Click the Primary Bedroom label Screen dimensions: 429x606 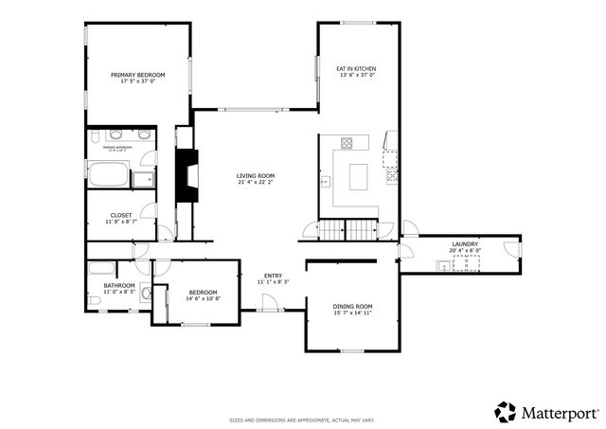pyautogui.click(x=137, y=75)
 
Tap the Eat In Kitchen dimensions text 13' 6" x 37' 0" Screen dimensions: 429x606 pyautogui.click(x=357, y=76)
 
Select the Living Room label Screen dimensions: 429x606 pyautogui.click(x=255, y=175)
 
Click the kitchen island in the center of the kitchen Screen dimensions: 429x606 pyautogui.click(x=359, y=177)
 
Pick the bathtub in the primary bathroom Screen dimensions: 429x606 pyautogui.click(x=108, y=175)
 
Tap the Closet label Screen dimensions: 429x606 pyautogui.click(x=121, y=215)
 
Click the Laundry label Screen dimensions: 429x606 pyautogui.click(x=464, y=244)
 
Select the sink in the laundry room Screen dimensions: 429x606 pyautogui.click(x=442, y=266)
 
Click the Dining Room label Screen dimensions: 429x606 pyautogui.click(x=352, y=306)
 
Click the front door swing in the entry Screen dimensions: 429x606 pyautogui.click(x=270, y=302)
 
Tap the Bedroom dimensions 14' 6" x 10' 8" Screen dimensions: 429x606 pyautogui.click(x=203, y=298)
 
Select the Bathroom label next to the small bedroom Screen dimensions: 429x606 pyautogui.click(x=119, y=285)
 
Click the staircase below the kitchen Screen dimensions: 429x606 pyautogui.click(x=346, y=229)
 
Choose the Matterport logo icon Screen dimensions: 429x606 pyautogui.click(x=506, y=412)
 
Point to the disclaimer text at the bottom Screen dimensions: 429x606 pyautogui.click(x=302, y=420)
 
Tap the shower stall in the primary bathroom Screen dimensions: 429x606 pyautogui.click(x=144, y=179)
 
